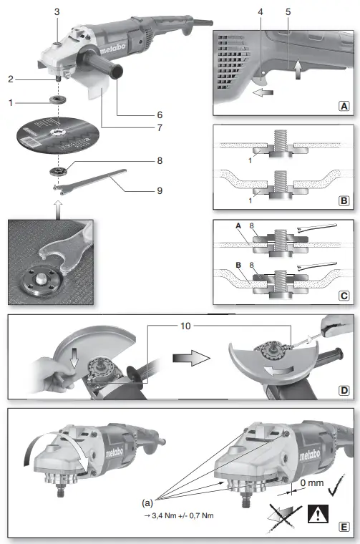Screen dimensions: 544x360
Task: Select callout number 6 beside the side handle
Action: coord(160,115)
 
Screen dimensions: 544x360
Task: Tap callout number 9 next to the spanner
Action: coord(160,191)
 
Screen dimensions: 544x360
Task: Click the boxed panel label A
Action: coord(344,105)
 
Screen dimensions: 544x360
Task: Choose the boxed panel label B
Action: coord(344,203)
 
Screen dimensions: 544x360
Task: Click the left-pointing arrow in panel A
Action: coord(264,92)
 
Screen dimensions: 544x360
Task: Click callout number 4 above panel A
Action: coord(261,12)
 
